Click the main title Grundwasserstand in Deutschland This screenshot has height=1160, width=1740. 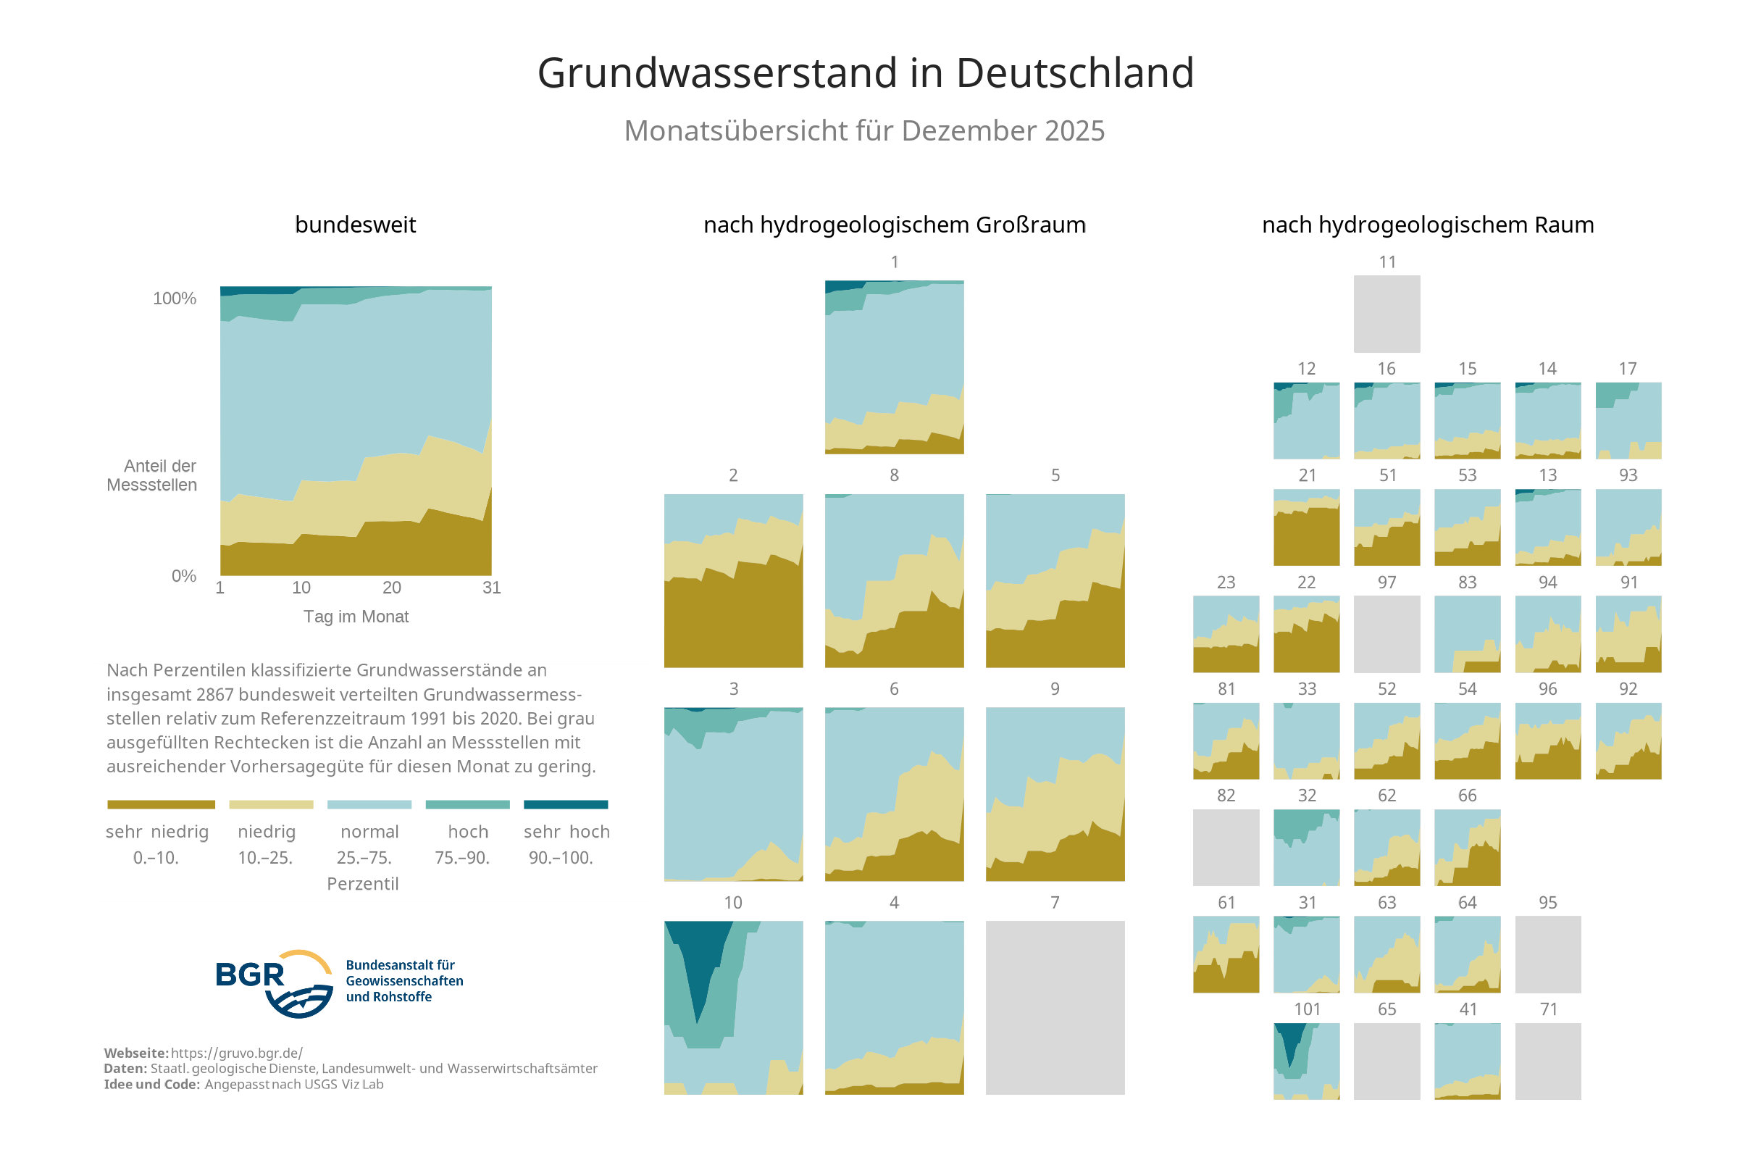click(864, 72)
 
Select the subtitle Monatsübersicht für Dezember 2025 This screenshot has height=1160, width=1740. click(863, 130)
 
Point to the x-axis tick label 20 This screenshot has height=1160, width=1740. click(391, 588)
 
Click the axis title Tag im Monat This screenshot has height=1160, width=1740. click(356, 617)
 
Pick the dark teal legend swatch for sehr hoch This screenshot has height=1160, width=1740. click(565, 804)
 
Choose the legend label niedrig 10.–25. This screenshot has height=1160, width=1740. click(266, 844)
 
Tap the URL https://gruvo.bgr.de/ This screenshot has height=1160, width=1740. click(237, 1053)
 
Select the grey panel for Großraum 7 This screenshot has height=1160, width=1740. click(1055, 1007)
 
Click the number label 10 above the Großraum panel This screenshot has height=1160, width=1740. click(732, 903)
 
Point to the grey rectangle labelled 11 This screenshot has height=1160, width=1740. click(1386, 314)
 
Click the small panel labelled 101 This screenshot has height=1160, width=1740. click(1306, 1061)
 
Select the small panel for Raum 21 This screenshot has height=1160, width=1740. click(1306, 527)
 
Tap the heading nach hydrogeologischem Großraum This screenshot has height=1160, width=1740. click(894, 225)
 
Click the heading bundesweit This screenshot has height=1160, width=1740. click(355, 225)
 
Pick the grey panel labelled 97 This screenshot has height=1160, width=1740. click(1386, 634)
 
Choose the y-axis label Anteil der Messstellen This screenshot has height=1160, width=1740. click(152, 475)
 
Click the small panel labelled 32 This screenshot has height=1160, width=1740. click(1306, 847)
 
